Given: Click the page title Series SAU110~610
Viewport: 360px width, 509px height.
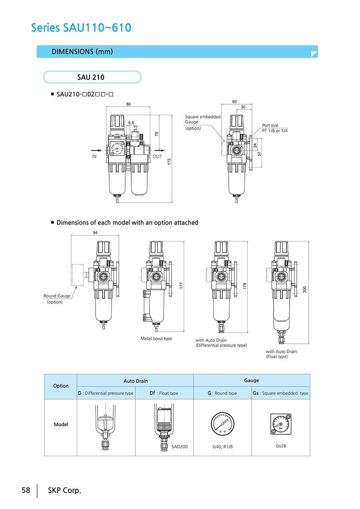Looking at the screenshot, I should pos(81,28).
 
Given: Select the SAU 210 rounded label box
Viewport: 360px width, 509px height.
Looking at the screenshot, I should pos(92,77).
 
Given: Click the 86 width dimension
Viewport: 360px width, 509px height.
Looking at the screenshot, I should pos(128,104).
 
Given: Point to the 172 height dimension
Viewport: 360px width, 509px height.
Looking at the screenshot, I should pos(169,162).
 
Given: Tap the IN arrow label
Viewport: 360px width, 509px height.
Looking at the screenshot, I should pos(94,156).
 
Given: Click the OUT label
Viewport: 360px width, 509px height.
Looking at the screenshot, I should pos(157,156).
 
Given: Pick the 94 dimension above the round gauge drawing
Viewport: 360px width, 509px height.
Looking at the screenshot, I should pos(95,233).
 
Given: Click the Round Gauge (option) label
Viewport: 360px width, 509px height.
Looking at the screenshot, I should pos(56,299).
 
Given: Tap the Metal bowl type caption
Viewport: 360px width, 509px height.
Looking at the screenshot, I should pos(156,338).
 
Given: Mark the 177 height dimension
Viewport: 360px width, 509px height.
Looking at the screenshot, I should pos(181,286).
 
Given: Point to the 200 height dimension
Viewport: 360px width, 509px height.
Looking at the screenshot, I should pos(304,289).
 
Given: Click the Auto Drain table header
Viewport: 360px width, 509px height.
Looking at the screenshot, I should pos(135,381).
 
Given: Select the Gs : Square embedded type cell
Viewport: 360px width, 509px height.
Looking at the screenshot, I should pos(280,393).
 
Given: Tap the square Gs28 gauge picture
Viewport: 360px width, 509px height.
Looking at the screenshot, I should pos(281,424).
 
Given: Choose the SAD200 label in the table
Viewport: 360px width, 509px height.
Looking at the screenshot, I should pos(180,446).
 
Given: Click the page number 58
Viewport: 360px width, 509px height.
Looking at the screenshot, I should pos(26,490).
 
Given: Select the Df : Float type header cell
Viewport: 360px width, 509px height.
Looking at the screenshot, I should pos(164,393).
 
